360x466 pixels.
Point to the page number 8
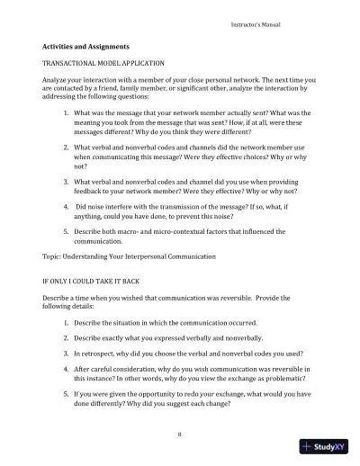(180, 435)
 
